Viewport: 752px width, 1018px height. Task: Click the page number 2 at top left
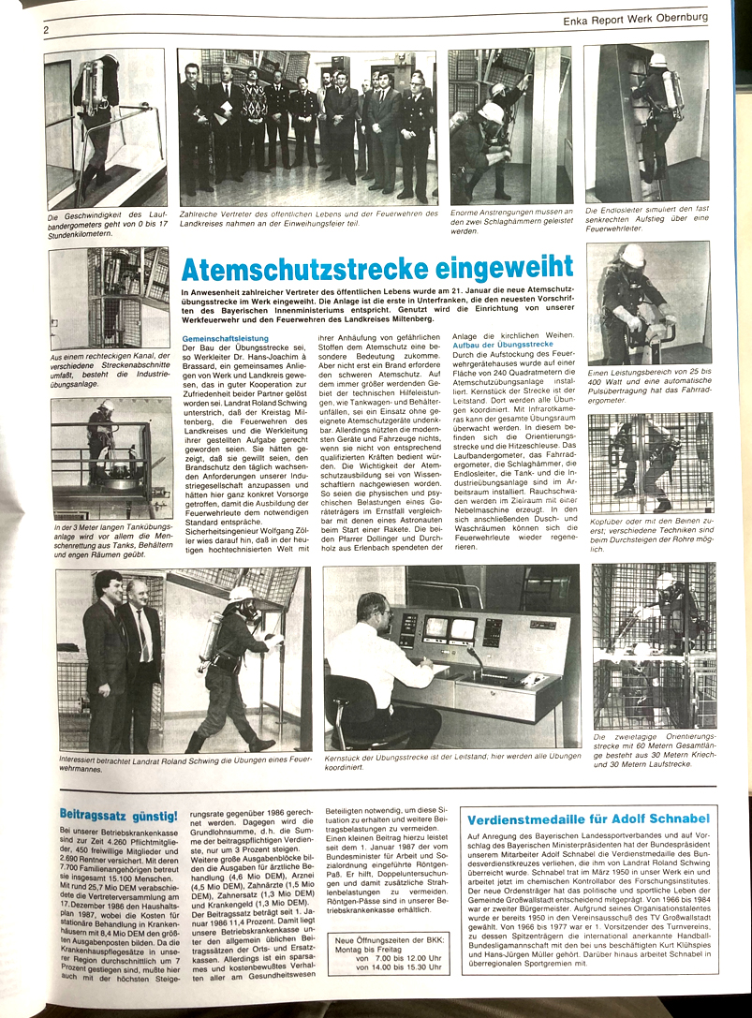45,30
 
